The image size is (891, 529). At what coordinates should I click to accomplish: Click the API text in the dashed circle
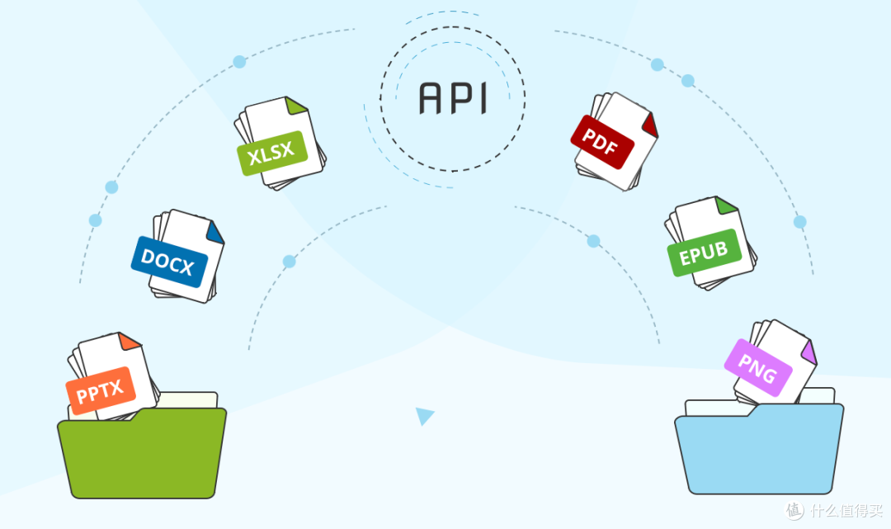452,98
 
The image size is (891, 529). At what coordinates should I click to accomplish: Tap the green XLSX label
272,153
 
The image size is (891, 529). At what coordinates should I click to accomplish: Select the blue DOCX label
169,262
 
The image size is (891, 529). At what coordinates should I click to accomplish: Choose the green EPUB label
704,253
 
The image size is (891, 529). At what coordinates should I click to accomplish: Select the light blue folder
759,449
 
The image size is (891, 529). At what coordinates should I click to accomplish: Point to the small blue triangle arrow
424,415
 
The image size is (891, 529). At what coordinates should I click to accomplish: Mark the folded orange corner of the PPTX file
129,341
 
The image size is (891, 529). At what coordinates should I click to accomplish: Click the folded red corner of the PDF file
650,125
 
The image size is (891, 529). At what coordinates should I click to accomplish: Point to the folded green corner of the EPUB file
726,205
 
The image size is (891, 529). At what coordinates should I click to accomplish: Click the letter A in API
430,98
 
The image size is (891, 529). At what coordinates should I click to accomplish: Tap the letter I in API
483,98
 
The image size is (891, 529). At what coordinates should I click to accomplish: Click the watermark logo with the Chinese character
794,510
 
